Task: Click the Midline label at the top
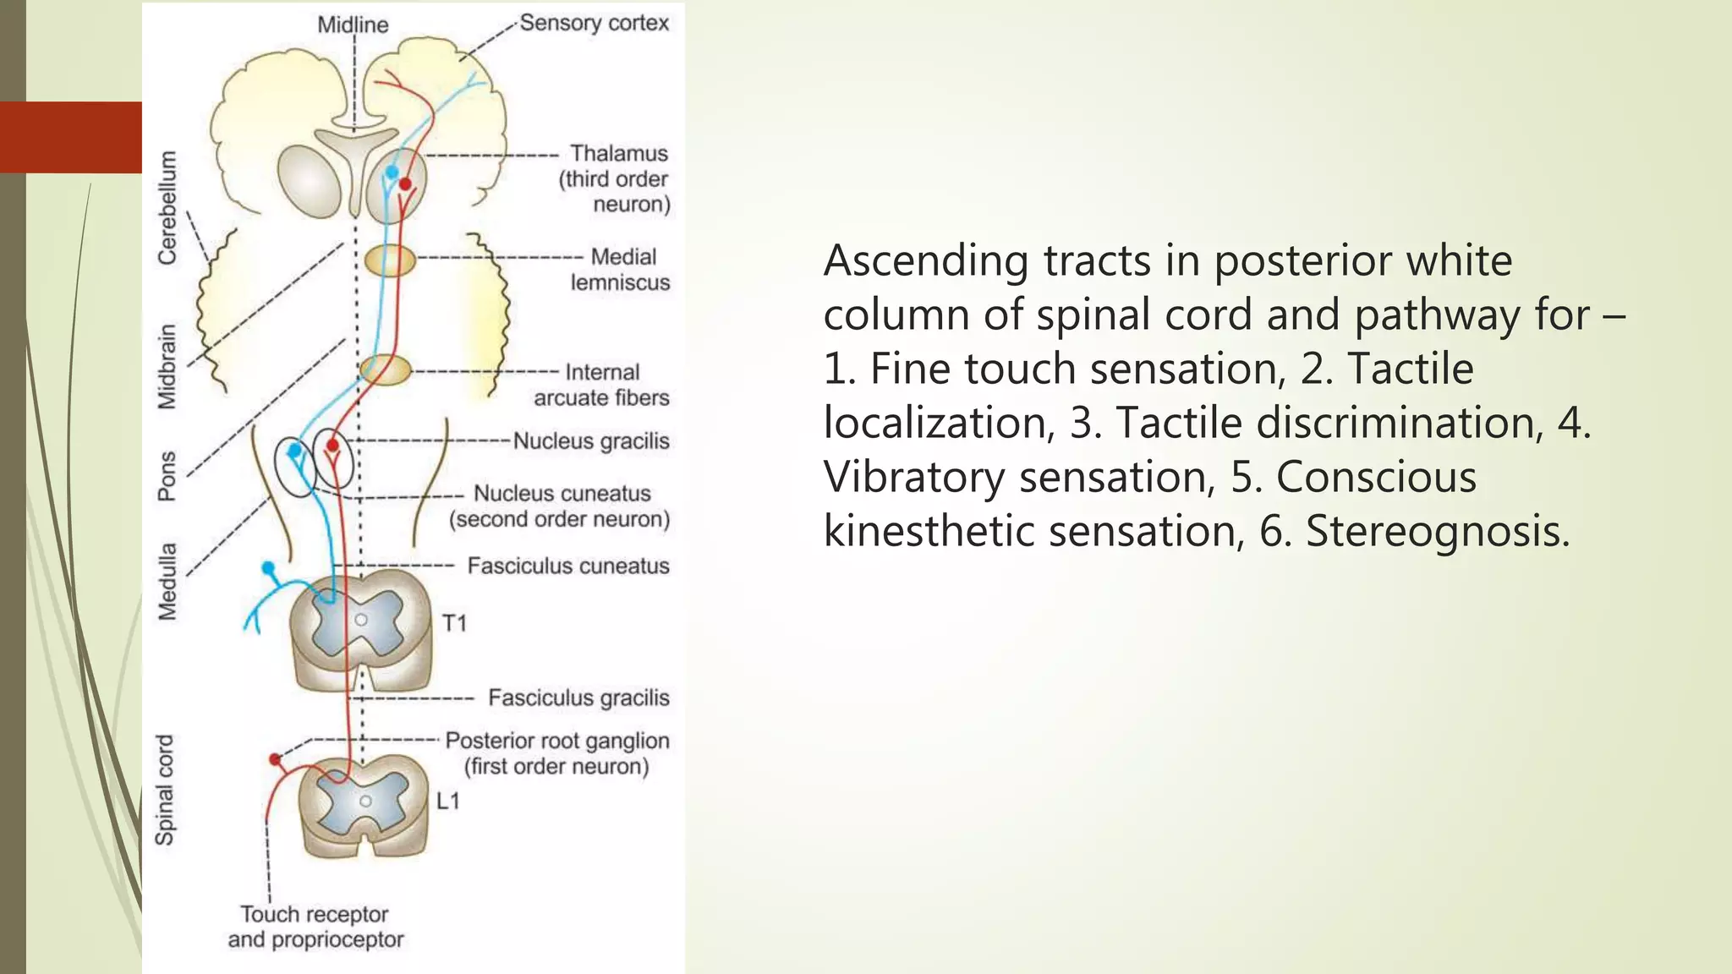point(353,25)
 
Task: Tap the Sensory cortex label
point(594,23)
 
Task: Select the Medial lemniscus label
point(621,269)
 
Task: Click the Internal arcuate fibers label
point(601,385)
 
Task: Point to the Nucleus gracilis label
point(591,440)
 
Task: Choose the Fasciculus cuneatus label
point(568,566)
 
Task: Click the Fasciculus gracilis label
point(578,698)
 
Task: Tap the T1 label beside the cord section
point(454,624)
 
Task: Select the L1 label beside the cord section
point(448,801)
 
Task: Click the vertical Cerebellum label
point(168,208)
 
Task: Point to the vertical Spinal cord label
point(165,790)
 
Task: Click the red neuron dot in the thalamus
point(405,183)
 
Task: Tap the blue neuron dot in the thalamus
point(392,172)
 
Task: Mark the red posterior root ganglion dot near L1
point(275,759)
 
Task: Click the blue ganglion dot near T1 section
point(269,567)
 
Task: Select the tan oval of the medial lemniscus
point(390,260)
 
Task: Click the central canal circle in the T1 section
point(361,620)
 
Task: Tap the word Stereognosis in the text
point(1437,531)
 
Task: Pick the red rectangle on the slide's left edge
point(71,137)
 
